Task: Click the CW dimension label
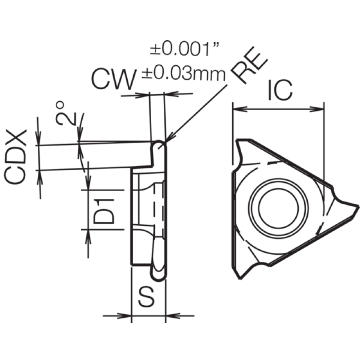pyautogui.click(x=114, y=79)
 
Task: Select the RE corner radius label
pyautogui.click(x=249, y=65)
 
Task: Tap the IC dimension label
pyautogui.click(x=280, y=90)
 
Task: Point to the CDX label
pyautogui.click(x=15, y=157)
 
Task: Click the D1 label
pyautogui.click(x=103, y=211)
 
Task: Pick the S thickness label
pyautogui.click(x=146, y=297)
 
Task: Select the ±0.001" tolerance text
pyautogui.click(x=184, y=49)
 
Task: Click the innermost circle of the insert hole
pyautogui.click(x=279, y=187)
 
